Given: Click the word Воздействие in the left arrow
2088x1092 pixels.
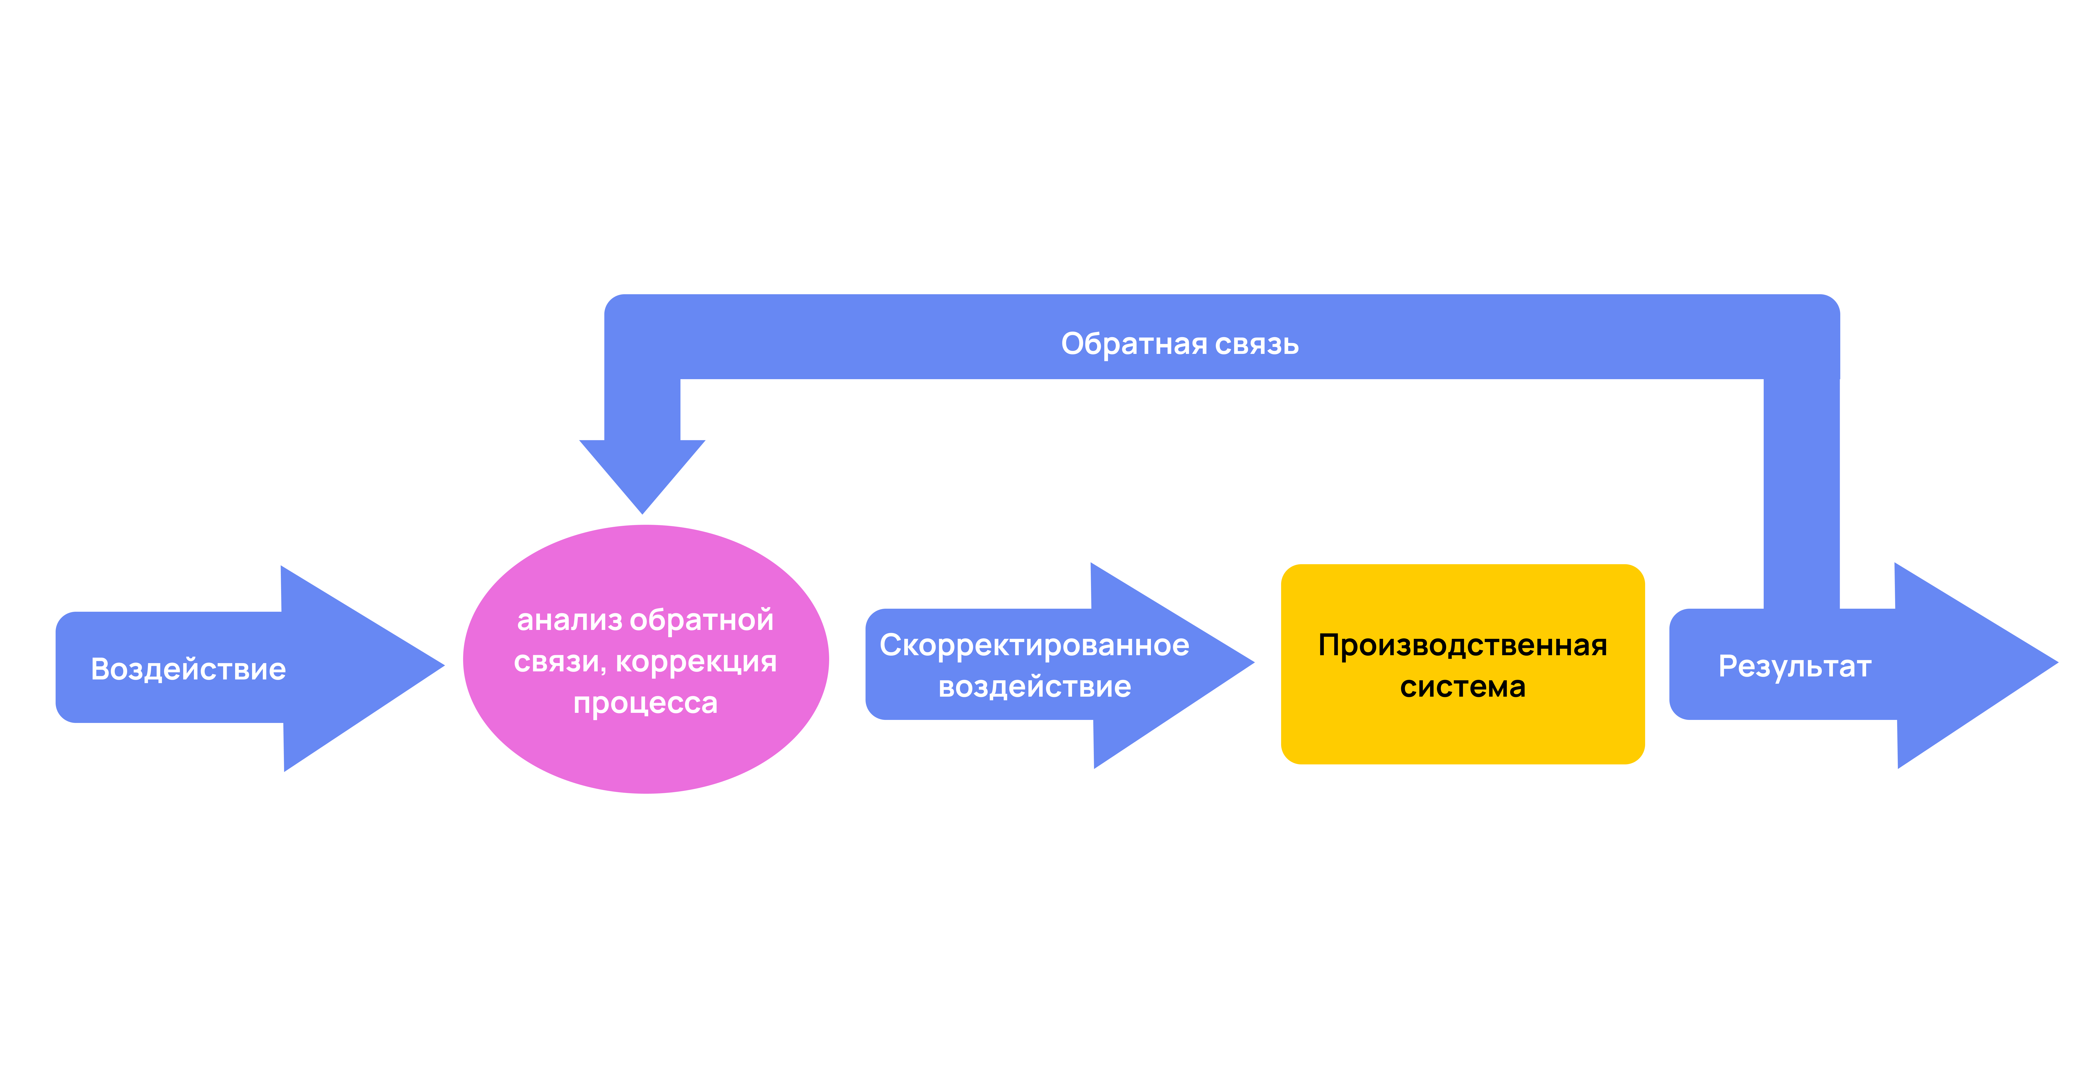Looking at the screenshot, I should point(188,669).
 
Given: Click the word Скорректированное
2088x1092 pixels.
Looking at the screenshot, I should point(1034,645).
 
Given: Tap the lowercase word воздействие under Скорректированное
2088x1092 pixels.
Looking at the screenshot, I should point(1034,687).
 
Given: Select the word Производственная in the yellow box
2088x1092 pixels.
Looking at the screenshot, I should point(1462,645).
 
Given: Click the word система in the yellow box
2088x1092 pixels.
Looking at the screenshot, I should point(1462,687).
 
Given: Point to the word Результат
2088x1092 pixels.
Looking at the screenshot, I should point(1795,666).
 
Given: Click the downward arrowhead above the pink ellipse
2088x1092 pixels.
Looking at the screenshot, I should point(642,474).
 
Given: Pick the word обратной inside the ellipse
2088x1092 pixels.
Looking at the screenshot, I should point(702,620).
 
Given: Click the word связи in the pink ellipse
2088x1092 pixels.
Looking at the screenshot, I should point(558,662).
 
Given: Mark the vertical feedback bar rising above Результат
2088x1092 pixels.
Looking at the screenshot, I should point(1801,494).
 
